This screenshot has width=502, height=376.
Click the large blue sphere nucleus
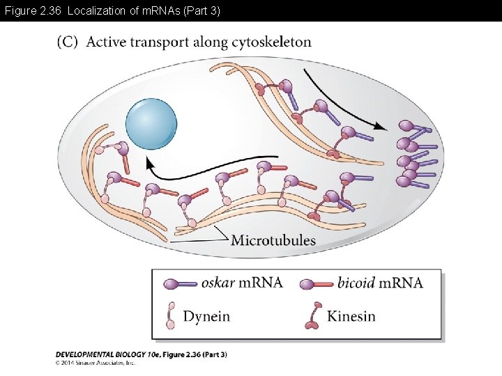tap(151, 123)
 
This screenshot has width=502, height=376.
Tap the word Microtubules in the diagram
tap(273, 241)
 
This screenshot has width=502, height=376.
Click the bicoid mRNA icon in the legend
tap(317, 283)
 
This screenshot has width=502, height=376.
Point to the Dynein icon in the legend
tap(170, 315)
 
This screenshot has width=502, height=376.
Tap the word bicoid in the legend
tap(356, 283)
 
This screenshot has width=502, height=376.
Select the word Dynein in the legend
tap(206, 316)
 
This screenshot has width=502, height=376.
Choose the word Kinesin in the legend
tap(351, 316)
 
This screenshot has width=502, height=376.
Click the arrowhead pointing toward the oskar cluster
tap(382, 127)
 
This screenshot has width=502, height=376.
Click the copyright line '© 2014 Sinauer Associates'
tap(96, 363)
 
